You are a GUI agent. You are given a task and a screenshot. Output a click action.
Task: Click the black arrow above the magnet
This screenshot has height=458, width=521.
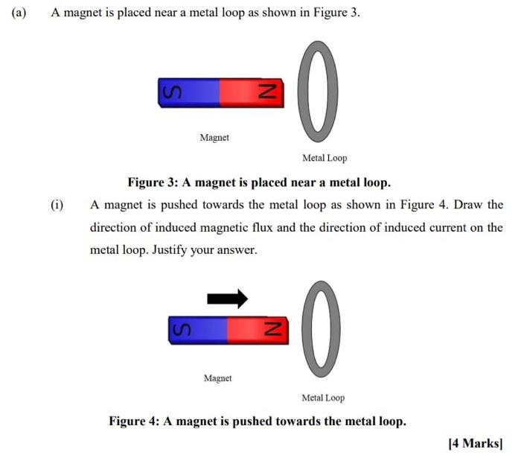[227, 299]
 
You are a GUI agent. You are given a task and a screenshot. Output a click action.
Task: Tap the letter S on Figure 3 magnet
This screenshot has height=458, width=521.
[172, 92]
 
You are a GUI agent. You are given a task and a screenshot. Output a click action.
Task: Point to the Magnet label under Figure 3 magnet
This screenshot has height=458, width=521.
[214, 138]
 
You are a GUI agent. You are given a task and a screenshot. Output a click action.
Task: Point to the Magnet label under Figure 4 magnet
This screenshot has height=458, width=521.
[217, 378]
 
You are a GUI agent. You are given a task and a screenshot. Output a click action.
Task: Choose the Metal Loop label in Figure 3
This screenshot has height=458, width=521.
[325, 158]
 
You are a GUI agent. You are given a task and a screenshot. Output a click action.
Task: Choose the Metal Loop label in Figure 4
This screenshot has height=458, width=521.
[323, 398]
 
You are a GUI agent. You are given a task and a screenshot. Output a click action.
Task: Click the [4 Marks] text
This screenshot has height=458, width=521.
[476, 443]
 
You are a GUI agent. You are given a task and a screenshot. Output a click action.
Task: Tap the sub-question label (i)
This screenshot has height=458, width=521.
[57, 205]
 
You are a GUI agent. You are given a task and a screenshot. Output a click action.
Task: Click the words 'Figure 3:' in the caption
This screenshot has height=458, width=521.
[153, 182]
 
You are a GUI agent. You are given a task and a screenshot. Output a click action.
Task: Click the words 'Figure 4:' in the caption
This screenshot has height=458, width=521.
[135, 422]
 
